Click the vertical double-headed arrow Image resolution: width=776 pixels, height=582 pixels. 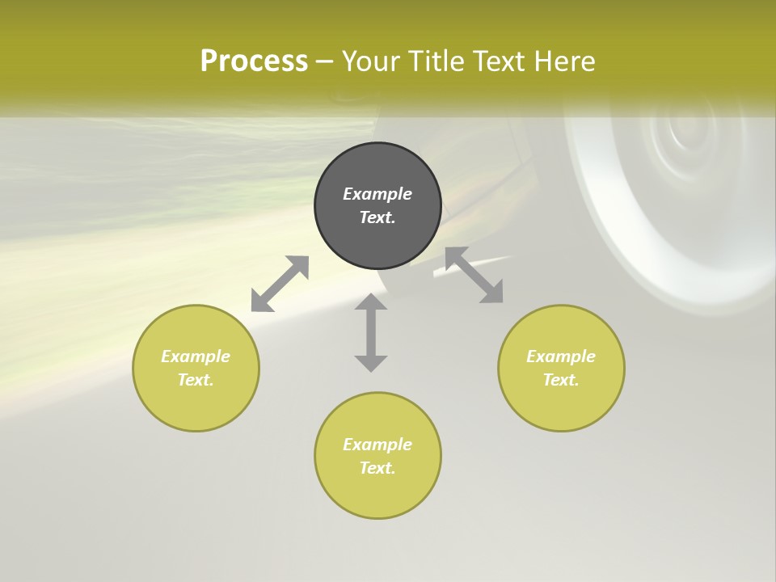point(371,332)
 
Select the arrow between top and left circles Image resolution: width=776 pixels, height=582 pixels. point(280,284)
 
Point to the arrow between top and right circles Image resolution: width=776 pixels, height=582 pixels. point(474,275)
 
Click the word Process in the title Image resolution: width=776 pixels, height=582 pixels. point(254,61)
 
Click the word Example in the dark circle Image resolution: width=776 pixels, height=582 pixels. point(377,194)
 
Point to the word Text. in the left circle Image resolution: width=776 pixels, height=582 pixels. point(196,380)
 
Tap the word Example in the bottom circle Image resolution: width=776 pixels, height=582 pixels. point(377,445)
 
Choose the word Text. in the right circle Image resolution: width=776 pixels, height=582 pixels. point(561,380)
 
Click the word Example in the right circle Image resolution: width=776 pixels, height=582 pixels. point(561,356)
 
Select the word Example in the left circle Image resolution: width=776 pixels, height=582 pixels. point(196,356)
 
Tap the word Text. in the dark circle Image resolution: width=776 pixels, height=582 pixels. point(377,217)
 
